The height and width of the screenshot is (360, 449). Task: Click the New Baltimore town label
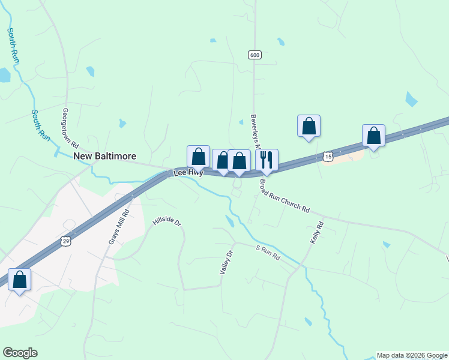coord(104,156)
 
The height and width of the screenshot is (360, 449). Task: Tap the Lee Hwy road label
coord(188,173)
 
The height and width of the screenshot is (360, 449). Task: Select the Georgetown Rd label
coord(71,128)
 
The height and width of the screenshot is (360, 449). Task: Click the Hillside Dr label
coord(167,221)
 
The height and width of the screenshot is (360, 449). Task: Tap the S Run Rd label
coord(268,253)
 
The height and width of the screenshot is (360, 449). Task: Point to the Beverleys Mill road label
coord(255,132)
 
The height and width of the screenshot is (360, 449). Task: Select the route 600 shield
coord(255,55)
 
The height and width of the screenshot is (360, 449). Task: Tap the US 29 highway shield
coord(65,241)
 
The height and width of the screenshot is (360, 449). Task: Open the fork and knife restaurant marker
coord(267,160)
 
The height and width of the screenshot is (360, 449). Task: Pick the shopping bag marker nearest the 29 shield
coord(19,280)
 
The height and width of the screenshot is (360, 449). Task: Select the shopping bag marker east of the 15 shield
coord(373,136)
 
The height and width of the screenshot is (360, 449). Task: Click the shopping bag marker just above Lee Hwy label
coord(198,157)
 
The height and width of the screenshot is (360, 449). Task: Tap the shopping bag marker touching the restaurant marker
coord(240,160)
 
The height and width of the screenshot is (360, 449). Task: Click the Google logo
coord(20,353)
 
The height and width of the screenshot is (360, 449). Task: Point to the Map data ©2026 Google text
coord(412,355)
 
